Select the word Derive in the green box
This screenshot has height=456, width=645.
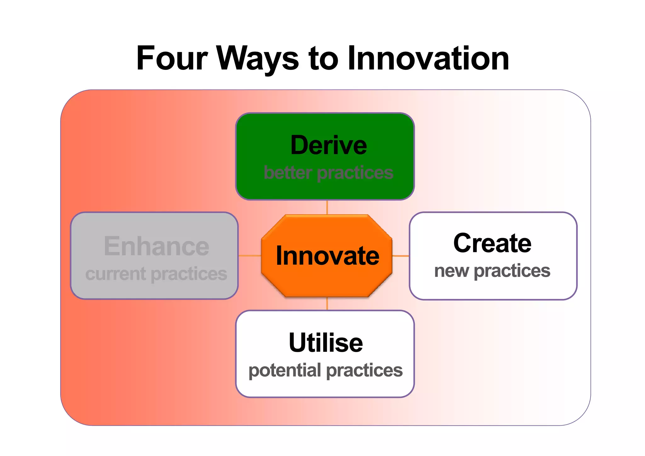click(328, 145)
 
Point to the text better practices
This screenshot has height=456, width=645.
click(328, 173)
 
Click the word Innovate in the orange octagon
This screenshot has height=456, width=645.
click(328, 256)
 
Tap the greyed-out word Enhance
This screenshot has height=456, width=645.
click(157, 246)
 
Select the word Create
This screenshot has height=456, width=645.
click(492, 243)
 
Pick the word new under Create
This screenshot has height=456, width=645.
click(451, 271)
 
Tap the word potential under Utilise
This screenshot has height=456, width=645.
click(285, 370)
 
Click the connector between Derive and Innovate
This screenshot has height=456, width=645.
click(327, 207)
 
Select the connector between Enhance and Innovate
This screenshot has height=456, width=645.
click(249, 256)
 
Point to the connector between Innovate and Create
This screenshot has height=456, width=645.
click(401, 256)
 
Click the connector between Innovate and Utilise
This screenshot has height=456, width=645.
click(327, 304)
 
